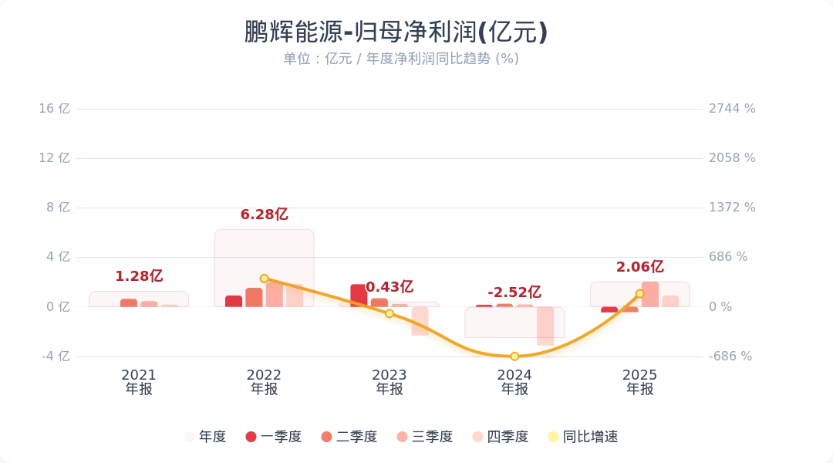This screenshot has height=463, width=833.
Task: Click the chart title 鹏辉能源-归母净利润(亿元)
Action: (x=396, y=32)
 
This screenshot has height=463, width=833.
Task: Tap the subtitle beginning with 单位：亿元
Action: (x=400, y=59)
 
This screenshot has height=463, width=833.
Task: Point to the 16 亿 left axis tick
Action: (x=55, y=109)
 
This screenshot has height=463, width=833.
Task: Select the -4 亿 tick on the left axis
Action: (x=55, y=357)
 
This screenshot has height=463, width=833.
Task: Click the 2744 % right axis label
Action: (x=732, y=109)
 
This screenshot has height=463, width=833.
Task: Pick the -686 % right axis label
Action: (x=730, y=357)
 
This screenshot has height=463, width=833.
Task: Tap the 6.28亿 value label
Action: (x=264, y=215)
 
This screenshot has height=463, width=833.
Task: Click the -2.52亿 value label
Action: (x=514, y=292)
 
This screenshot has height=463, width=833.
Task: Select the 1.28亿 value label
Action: (x=139, y=276)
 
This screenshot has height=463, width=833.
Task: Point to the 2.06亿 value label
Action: (x=639, y=267)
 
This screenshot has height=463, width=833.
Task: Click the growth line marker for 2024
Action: (x=514, y=357)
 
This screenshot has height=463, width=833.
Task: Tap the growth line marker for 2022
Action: (x=264, y=279)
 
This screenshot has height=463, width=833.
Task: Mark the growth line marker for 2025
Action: (x=639, y=294)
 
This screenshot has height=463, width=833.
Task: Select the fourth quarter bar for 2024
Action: (x=545, y=326)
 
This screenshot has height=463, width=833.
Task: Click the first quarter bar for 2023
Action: (x=359, y=296)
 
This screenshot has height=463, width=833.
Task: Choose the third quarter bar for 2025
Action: (x=650, y=294)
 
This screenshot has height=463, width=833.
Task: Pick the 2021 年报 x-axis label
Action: (x=139, y=382)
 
